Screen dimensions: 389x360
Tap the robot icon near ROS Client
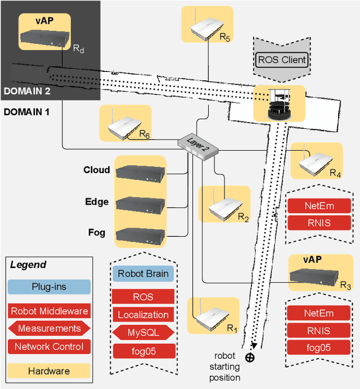(x=279, y=105)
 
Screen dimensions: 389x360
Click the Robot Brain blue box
(x=143, y=274)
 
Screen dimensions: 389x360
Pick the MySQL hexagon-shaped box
(x=143, y=333)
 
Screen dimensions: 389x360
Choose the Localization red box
(x=143, y=315)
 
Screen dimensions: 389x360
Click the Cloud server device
(x=141, y=171)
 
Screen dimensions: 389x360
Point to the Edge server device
(x=141, y=203)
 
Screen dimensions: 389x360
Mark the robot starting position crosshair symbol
(x=250, y=357)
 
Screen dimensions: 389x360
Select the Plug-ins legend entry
(x=48, y=287)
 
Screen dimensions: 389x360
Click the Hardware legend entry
(x=48, y=371)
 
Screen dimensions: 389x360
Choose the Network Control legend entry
(x=48, y=347)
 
